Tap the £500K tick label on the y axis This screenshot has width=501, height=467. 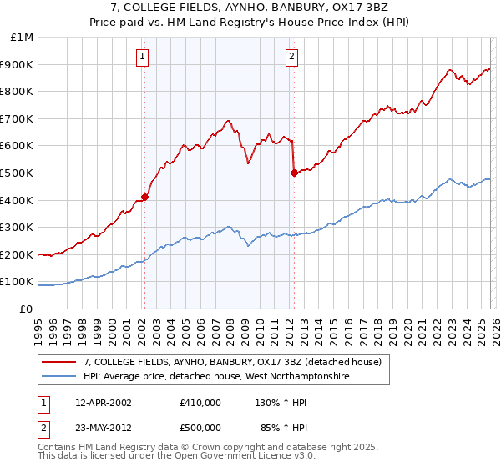[x=17, y=173]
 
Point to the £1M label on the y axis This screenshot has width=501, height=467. [x=21, y=37]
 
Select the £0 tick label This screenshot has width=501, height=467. [x=25, y=309]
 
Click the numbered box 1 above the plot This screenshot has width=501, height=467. [x=143, y=57]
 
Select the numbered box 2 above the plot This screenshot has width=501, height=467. [x=291, y=57]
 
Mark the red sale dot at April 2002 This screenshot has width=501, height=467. [x=144, y=197]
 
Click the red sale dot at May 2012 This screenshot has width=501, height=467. [x=294, y=173]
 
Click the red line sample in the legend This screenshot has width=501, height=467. [x=59, y=362]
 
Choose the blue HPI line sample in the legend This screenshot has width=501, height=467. [x=59, y=376]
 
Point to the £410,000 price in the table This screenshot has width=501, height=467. [x=200, y=403]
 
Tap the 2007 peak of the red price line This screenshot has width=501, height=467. [x=228, y=121]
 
